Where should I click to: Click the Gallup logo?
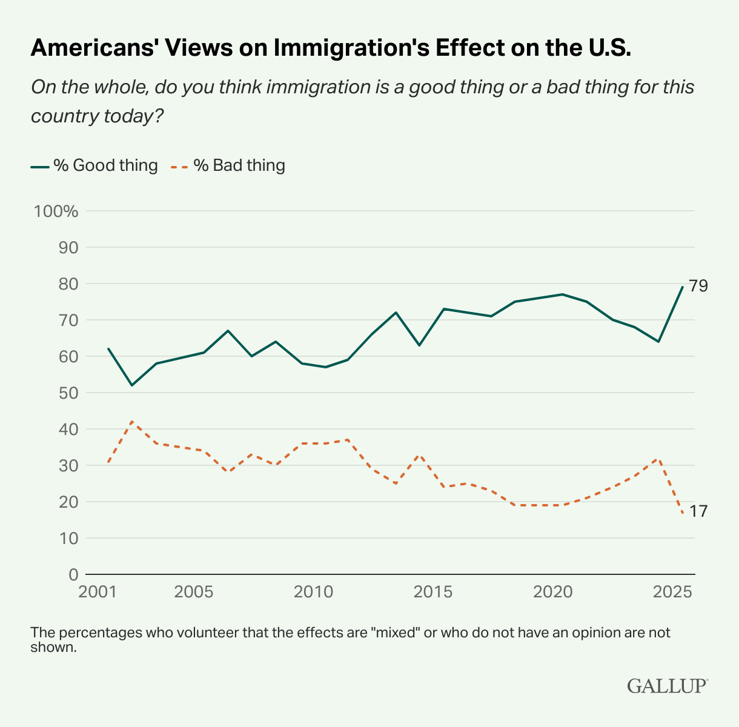667,686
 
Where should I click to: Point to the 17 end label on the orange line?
698,511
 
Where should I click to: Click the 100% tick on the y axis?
56,211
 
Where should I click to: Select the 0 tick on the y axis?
73,575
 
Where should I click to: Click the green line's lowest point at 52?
132,385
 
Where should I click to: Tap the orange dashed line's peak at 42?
132,422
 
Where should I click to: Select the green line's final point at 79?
683,287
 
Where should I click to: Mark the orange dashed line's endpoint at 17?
683,513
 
